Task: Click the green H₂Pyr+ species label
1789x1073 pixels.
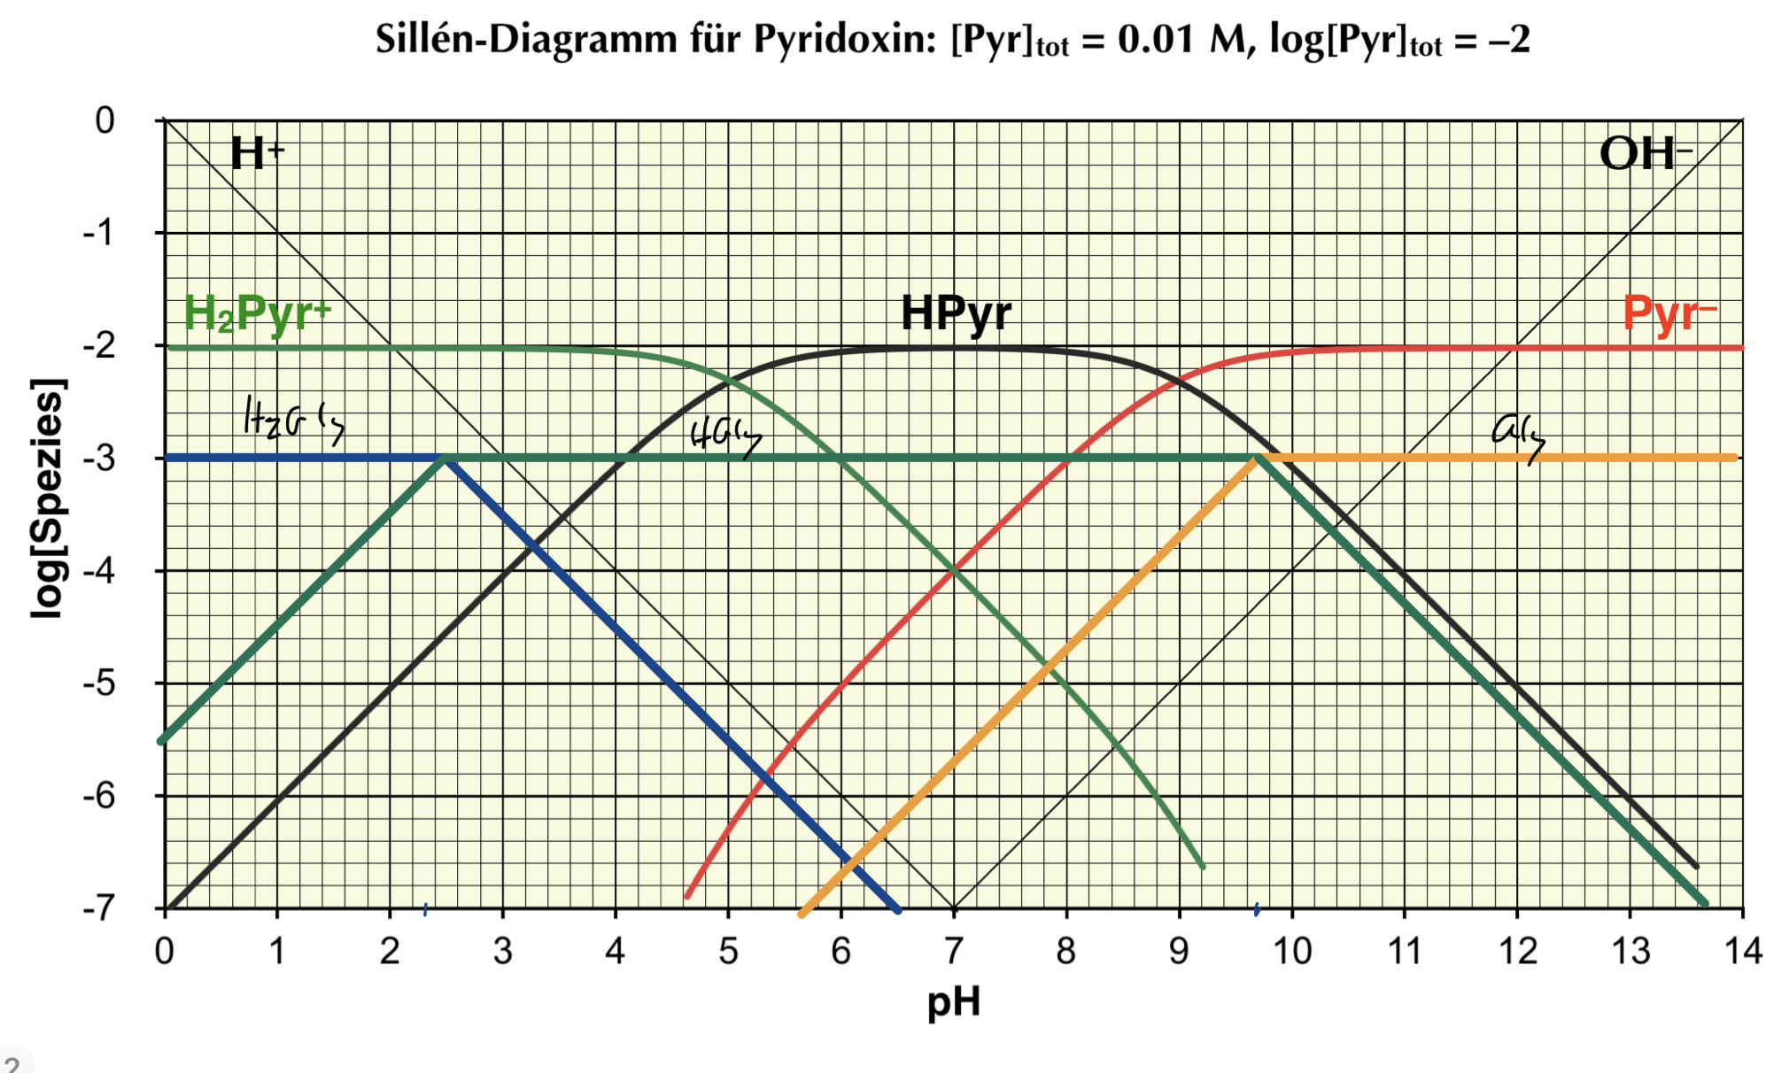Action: (x=257, y=313)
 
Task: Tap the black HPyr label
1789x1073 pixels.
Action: (x=956, y=313)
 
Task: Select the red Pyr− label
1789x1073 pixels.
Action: (x=1669, y=313)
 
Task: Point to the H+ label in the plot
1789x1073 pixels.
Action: (x=257, y=153)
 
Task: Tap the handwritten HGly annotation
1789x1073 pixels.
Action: (x=724, y=436)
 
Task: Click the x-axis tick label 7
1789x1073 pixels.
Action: (x=954, y=952)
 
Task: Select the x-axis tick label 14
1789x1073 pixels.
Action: (x=1742, y=952)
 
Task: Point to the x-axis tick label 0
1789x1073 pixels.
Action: (x=165, y=952)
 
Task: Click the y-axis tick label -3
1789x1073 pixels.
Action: (x=99, y=459)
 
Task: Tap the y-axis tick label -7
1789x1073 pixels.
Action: (x=99, y=908)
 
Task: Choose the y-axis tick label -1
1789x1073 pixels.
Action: (x=99, y=234)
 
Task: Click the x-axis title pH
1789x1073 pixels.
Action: (x=954, y=1002)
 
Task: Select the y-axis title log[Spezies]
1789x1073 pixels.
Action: (x=48, y=498)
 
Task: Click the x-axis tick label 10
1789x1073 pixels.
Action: (x=1292, y=952)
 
